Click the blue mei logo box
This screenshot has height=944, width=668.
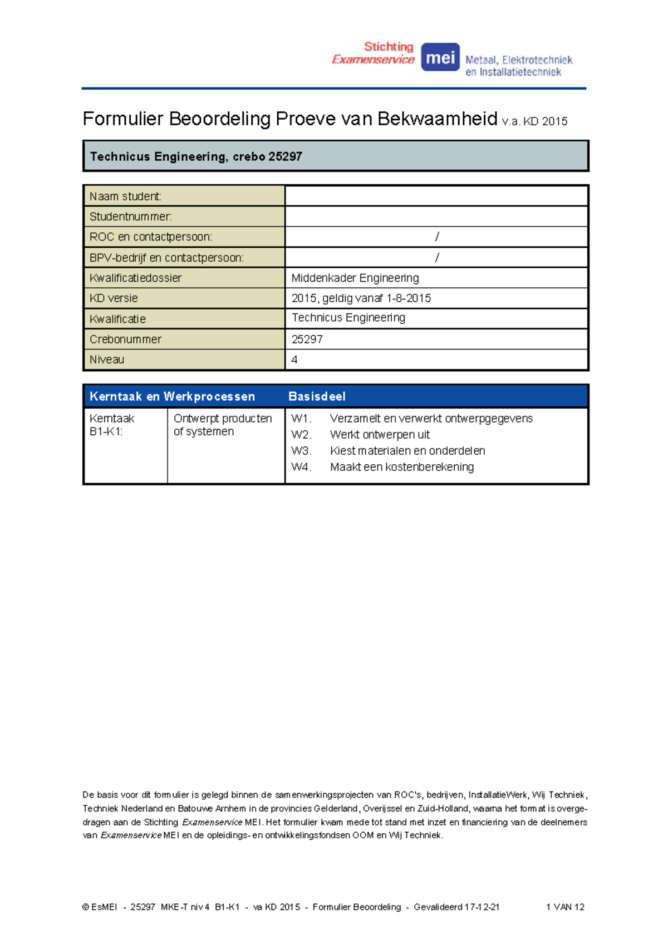click(x=440, y=57)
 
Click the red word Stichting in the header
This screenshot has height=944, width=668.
click(x=389, y=47)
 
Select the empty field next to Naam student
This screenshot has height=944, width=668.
click(x=436, y=196)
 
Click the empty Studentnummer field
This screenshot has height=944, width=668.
click(x=436, y=217)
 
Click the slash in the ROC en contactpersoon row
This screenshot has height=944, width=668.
click(x=437, y=237)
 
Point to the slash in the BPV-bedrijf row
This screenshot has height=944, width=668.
click(x=437, y=258)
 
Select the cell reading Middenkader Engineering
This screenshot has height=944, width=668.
click(x=355, y=278)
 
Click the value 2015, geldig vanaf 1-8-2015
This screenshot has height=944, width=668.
click(x=361, y=298)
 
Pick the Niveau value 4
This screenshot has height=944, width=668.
click(x=294, y=360)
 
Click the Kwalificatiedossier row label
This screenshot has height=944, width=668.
click(x=135, y=278)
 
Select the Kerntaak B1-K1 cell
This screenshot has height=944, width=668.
click(x=112, y=425)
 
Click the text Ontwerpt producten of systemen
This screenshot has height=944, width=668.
click(x=222, y=425)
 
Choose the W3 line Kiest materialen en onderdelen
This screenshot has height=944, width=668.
click(x=407, y=451)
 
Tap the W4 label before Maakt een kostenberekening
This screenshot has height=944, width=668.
click(x=301, y=467)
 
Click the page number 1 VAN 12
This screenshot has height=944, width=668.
click(x=565, y=907)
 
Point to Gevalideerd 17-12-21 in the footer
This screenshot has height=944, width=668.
click(x=456, y=907)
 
